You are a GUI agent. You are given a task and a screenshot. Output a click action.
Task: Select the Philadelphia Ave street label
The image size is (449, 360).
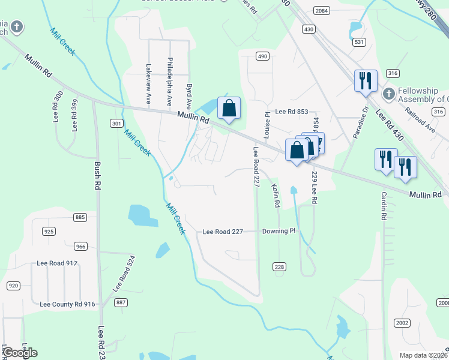pyautogui.click(x=170, y=80)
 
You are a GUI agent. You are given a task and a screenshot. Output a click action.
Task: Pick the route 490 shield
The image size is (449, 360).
pyautogui.click(x=262, y=56)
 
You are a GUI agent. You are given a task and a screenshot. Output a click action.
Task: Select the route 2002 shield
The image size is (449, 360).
pyautogui.click(x=402, y=323)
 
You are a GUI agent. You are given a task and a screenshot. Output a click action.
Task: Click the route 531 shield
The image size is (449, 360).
pyautogui.click(x=360, y=42)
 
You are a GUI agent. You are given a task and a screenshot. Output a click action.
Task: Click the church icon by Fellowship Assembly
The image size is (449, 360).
pyautogui.click(x=388, y=94)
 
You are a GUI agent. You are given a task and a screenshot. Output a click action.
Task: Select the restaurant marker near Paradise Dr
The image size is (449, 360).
pyautogui.click(x=365, y=80)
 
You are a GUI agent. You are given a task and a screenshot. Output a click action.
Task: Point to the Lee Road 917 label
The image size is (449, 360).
pyautogui.click(x=57, y=263)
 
